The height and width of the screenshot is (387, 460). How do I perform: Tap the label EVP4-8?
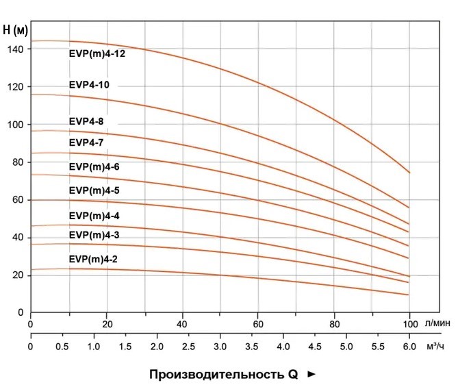[86, 121]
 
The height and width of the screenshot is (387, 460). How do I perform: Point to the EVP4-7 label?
[86, 142]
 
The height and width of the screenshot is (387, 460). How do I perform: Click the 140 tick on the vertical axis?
[16, 50]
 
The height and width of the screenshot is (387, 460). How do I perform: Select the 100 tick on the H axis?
[16, 125]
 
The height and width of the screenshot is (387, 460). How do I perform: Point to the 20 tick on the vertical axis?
[19, 275]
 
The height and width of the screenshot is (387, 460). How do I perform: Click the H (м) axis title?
[16, 30]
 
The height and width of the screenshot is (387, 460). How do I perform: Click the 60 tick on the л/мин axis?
[258, 324]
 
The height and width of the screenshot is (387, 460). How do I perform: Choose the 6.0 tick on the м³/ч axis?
[409, 347]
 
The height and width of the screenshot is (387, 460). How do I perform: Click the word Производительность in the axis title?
[212, 375]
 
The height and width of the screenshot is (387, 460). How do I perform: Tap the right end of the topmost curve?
[409, 173]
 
